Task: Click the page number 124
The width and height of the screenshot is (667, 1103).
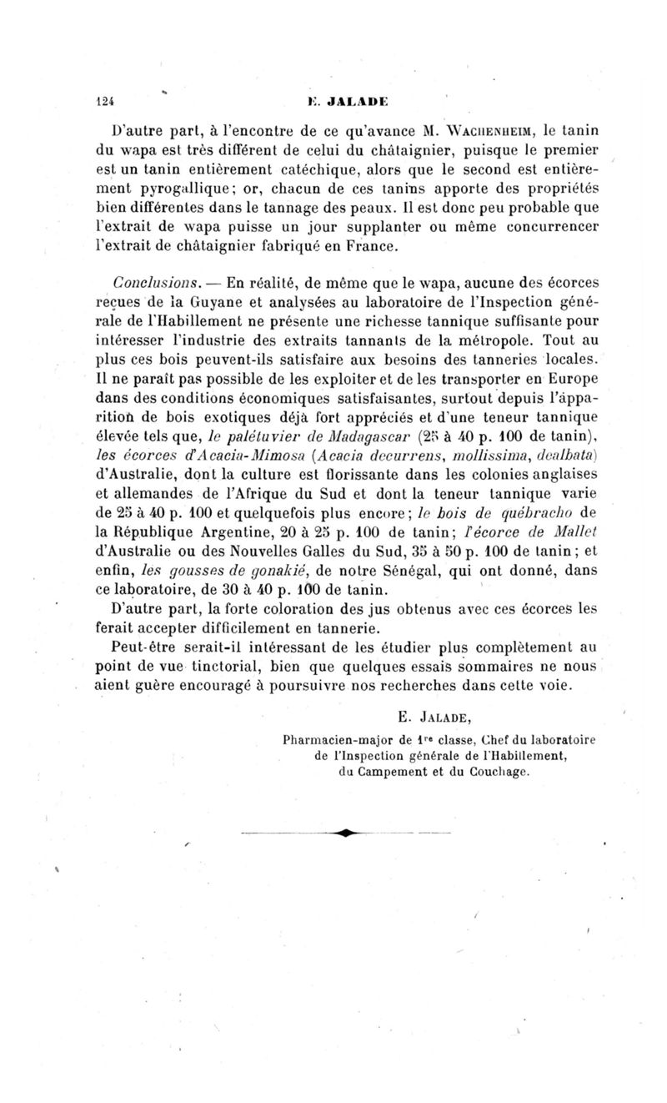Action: click(102, 96)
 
